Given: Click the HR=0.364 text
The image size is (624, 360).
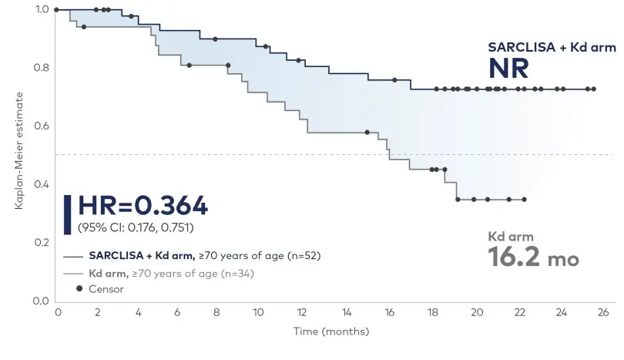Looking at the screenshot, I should tap(143, 206).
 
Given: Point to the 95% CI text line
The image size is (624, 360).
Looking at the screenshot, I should tap(135, 227).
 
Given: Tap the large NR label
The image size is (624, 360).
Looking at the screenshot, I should tap(508, 69).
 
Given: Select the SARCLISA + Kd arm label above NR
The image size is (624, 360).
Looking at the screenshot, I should tap(552, 47).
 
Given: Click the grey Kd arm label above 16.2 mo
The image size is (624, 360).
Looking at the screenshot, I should tap(511, 236).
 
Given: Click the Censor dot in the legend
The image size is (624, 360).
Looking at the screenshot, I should tap(80, 289).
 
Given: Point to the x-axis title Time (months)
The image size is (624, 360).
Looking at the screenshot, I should tap(329, 331).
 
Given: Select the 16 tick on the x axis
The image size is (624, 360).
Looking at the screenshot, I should tap(390, 313).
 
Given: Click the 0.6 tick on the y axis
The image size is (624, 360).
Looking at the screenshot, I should tap(41, 126).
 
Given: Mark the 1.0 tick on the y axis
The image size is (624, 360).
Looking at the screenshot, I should tap(41, 9).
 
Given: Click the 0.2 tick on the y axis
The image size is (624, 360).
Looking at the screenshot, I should tap(41, 243).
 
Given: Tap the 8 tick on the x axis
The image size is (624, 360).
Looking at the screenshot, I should tap(222, 313).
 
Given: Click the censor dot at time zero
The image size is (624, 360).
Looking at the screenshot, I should tap(57, 10).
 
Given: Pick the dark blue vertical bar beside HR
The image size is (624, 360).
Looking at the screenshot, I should tap(67, 214).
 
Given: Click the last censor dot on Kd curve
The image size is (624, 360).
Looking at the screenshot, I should tap(524, 200).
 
